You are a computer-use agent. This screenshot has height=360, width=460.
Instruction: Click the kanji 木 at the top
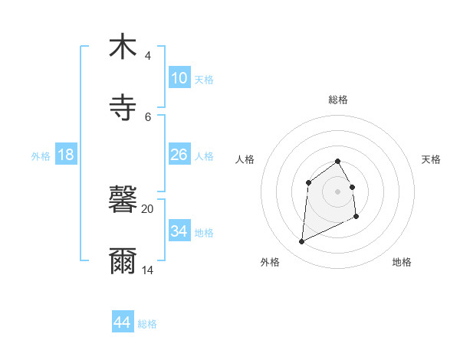pos(123,47)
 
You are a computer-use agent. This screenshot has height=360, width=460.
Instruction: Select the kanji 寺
pos(123,108)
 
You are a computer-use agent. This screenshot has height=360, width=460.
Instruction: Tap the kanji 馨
pos(123,200)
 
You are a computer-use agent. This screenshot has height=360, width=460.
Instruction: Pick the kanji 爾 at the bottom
pos(123,261)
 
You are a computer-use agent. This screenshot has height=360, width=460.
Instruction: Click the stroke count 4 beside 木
pos(147,56)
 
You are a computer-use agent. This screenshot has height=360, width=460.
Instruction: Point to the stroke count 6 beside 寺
pos(147,117)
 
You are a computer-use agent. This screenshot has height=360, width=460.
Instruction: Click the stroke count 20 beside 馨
pos(147,208)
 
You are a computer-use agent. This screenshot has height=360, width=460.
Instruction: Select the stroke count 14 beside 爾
pos(147,270)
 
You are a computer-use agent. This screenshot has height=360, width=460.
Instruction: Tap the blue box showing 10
pos(179,78)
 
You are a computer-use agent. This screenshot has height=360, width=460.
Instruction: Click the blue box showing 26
pos(179,155)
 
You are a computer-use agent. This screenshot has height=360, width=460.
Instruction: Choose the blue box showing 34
pos(179,231)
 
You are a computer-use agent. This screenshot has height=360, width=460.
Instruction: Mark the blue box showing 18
pos(66,155)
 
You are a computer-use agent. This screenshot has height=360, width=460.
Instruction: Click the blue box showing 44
pos(123,322)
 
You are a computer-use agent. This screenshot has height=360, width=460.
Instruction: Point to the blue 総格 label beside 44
pos(147,324)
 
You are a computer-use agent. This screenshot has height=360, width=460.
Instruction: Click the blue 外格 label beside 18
pos(41,155)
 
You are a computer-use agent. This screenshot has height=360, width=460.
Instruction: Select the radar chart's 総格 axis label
pos(338,100)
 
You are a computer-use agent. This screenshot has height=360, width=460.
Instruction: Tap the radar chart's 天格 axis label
pos(432,159)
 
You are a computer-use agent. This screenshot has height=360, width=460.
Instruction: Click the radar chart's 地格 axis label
pos(402,262)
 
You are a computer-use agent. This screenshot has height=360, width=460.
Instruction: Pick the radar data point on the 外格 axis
pos(301,242)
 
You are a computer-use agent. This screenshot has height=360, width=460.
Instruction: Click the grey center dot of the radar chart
pos(338,191)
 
